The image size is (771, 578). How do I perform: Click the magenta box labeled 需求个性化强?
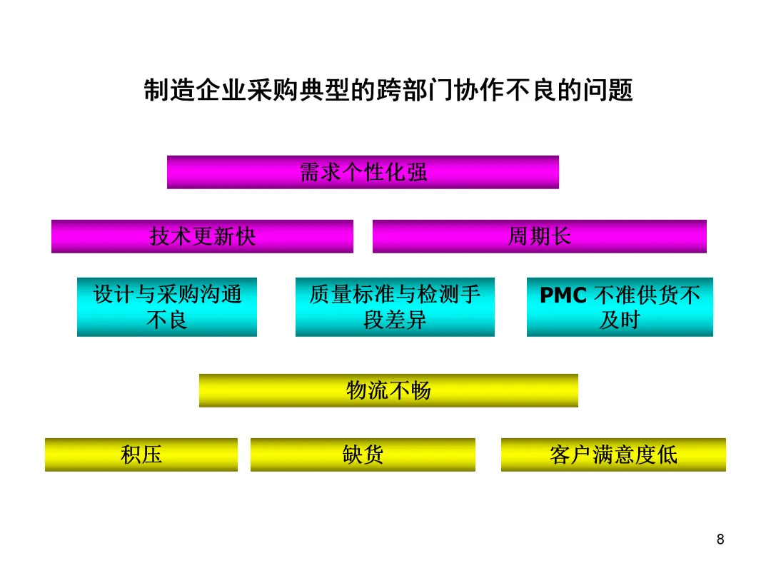[363, 172]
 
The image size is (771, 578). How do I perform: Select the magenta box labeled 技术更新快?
[202, 236]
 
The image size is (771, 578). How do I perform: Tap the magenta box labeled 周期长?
[539, 236]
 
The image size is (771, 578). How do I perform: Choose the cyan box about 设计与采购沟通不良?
[166, 307]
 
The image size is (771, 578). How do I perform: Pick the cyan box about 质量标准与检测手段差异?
[395, 307]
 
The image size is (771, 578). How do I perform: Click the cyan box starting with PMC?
[620, 307]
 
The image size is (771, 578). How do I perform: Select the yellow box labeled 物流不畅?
[388, 390]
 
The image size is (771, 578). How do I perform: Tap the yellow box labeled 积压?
[141, 455]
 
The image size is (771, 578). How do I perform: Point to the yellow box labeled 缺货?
[363, 455]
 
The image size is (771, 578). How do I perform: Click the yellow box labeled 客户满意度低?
[613, 455]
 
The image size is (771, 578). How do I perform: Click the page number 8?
[720, 539]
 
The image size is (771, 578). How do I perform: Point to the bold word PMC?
[564, 295]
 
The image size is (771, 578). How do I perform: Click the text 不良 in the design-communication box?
[166, 320]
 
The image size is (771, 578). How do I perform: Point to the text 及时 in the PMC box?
[620, 320]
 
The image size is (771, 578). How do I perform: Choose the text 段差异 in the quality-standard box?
[395, 320]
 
